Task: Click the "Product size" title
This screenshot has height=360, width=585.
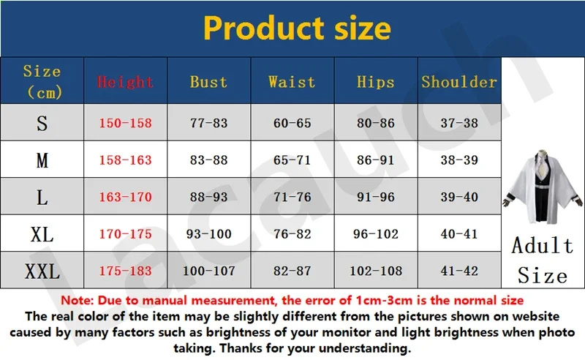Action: (x=297, y=29)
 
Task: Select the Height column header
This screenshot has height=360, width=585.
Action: (x=125, y=82)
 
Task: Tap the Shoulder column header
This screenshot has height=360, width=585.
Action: (x=459, y=82)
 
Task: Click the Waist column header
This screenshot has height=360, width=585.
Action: (x=292, y=82)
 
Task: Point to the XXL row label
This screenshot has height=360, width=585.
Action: (x=42, y=271)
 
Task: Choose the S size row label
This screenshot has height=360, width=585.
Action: (x=42, y=123)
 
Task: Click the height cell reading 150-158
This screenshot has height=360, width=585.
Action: (x=125, y=123)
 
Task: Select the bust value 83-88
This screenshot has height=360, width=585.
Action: (x=208, y=160)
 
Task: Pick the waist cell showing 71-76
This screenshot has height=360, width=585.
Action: (x=292, y=197)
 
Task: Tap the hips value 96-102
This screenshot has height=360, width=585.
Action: (x=376, y=233)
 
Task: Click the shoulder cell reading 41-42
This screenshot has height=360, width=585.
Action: (x=459, y=271)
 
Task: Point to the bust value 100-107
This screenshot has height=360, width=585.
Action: (x=208, y=271)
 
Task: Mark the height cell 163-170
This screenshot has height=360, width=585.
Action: (x=125, y=197)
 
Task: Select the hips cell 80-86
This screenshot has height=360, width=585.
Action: (x=376, y=123)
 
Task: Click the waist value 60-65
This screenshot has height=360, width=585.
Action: (x=292, y=123)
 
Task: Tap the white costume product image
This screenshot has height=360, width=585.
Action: (x=543, y=187)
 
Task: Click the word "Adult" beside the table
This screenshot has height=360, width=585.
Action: (x=542, y=245)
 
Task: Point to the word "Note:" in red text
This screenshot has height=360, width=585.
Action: (x=78, y=300)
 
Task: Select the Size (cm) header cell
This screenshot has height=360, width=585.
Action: (x=42, y=81)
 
